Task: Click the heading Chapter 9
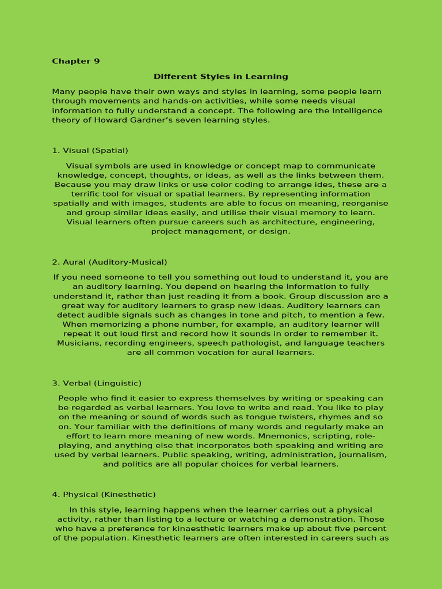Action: coord(75,62)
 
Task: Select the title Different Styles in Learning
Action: coord(220,77)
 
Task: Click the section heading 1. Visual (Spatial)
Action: coord(90,151)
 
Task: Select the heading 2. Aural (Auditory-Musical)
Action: coord(109,262)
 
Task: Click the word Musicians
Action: coord(79,343)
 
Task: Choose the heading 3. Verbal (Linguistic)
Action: coord(97,383)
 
